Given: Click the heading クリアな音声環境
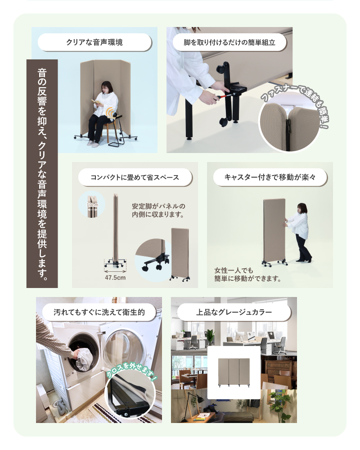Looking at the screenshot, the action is tap(94, 42).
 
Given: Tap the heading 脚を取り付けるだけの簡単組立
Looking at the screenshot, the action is tap(229, 42).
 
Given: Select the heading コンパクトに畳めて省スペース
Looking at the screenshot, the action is tap(135, 177).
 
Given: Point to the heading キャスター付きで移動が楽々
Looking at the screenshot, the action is tap(270, 177).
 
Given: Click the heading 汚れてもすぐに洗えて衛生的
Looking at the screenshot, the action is tap(99, 312).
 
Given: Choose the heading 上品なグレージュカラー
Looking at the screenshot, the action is tap(234, 312).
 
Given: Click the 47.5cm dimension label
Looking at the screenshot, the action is tap(115, 278).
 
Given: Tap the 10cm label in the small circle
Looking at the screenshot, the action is tap(92, 205).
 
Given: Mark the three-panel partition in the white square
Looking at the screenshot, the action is tap(234, 372).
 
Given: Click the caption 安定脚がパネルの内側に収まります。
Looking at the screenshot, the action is tap(158, 210).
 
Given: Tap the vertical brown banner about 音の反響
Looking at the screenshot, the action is tap(42, 174).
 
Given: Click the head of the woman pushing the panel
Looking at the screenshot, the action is tap(302, 209).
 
